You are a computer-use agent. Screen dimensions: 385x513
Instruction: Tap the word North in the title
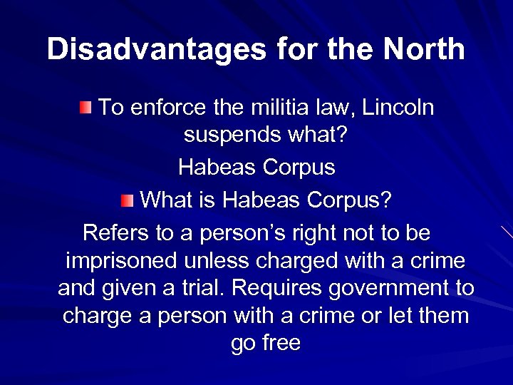click(x=424, y=50)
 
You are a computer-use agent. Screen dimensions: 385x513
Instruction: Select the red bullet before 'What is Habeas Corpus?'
click(x=126, y=200)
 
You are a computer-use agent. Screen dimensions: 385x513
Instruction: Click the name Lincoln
click(x=398, y=108)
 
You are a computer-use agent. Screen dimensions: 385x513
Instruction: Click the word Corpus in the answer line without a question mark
click(x=299, y=168)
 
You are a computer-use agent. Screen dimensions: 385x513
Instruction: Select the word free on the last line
click(x=282, y=343)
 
